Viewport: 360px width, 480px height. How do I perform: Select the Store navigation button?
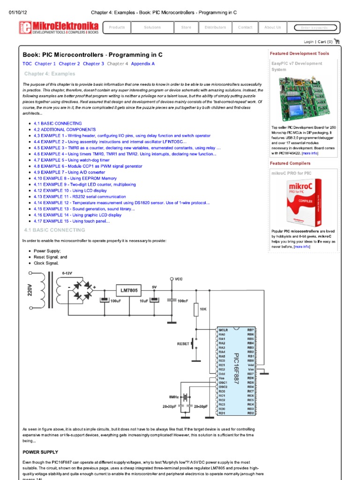tap(186, 28)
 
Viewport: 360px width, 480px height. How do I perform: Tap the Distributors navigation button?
tap(215, 28)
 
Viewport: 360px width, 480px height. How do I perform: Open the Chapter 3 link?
tap(93, 64)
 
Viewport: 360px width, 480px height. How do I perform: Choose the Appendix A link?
tap(143, 64)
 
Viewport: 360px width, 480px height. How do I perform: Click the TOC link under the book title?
tap(27, 64)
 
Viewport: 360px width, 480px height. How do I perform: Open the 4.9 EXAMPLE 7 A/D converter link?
tap(69, 172)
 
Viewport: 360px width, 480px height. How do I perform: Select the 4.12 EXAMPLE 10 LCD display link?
tap(70, 191)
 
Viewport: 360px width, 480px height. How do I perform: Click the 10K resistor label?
tap(203, 309)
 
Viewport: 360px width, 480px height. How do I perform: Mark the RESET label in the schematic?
tap(183, 344)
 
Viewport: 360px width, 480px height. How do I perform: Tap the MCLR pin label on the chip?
tap(223, 330)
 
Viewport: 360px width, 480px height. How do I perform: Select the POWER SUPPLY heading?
tap(40, 452)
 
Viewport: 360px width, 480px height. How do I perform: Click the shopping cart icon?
tap(337, 41)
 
